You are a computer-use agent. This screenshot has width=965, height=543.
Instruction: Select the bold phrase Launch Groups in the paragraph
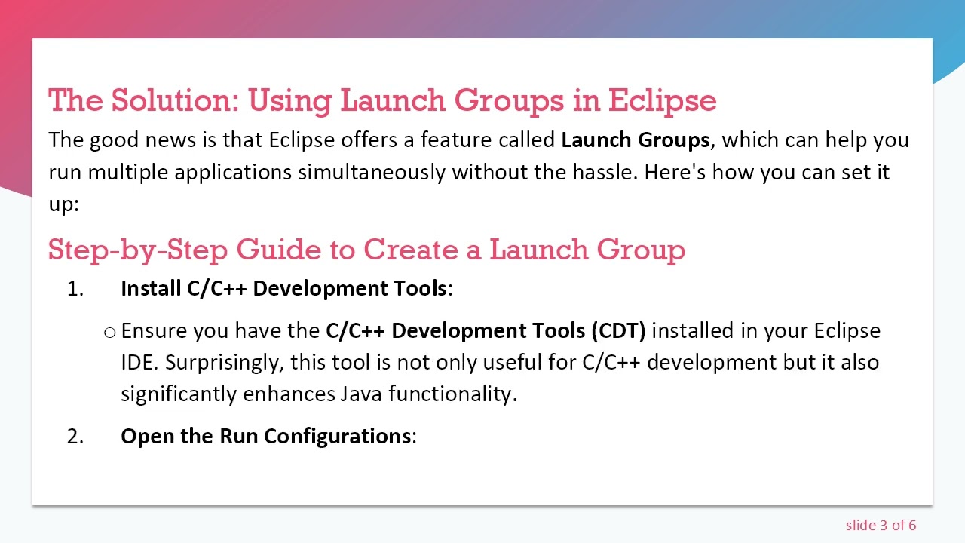(x=635, y=140)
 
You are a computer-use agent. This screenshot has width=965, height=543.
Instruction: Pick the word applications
(x=233, y=173)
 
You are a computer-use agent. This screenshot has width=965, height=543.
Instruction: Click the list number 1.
(x=75, y=289)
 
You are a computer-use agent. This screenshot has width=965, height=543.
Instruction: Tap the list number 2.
(x=75, y=437)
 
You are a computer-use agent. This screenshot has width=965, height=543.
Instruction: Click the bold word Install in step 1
(x=151, y=289)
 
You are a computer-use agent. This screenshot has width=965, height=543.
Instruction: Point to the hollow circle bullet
(x=110, y=332)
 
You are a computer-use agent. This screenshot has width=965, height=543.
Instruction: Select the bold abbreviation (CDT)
(x=618, y=331)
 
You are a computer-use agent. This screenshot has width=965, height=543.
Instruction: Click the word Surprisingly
(x=225, y=363)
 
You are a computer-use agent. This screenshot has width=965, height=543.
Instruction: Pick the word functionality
(x=452, y=394)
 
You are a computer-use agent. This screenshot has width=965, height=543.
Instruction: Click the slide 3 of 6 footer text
(x=881, y=526)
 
